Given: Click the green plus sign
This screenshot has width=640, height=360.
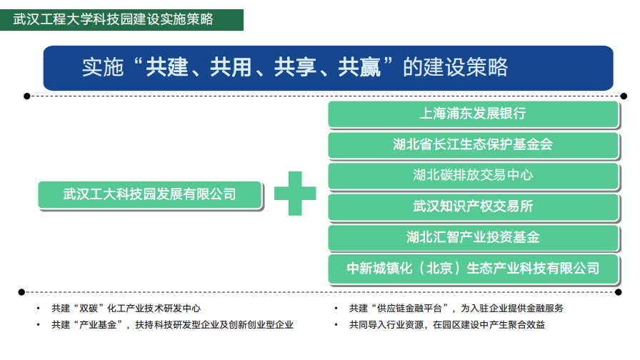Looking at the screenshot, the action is tap(295, 194).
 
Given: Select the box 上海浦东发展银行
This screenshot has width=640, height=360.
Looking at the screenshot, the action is tap(474, 114).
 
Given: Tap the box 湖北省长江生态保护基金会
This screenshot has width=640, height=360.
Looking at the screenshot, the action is tap(474, 145).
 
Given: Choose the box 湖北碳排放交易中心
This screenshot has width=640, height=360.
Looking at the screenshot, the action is tap(474, 176).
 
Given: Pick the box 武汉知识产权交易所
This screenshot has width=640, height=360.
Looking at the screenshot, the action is tap(474, 207).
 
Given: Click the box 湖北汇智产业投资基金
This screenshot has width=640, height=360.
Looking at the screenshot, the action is tap(474, 238).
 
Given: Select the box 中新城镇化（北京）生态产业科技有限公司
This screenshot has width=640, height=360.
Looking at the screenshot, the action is tap(474, 269).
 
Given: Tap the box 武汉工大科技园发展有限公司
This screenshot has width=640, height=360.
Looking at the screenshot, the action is tap(150, 195).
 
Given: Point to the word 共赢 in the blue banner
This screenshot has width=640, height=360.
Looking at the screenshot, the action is tap(359, 67).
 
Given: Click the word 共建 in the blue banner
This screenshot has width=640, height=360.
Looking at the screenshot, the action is tap(167, 67).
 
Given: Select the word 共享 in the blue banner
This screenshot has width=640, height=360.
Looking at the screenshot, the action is tap(295, 67).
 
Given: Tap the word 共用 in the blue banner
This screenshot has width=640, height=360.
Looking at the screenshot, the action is tap(231, 67).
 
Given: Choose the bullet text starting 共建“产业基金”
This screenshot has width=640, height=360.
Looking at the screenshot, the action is tap(172, 325).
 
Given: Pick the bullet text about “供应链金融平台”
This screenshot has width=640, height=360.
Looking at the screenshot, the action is tap(456, 308).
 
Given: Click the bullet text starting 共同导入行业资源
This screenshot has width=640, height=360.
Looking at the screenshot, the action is tap(447, 325).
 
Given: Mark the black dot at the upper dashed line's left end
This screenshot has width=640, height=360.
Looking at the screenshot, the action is tap(27, 96).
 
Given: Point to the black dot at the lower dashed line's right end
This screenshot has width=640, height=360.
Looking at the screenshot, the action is tap(619, 292).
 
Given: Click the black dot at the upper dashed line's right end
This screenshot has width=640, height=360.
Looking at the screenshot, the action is tap(624, 96).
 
